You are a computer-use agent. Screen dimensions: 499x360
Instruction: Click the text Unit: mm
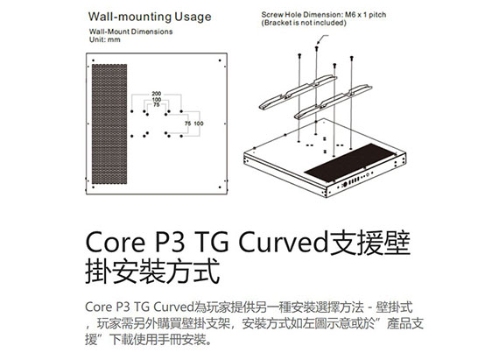point(105,39)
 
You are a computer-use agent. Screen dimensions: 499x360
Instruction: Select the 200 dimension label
point(157,94)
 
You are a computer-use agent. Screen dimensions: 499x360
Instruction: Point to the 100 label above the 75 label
point(157,100)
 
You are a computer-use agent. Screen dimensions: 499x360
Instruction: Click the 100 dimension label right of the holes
point(199,124)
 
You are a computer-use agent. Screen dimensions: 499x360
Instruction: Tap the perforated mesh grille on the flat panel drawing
point(109,124)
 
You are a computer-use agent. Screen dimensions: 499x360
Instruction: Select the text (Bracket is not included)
point(304,23)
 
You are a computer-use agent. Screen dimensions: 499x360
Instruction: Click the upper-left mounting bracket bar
point(298,92)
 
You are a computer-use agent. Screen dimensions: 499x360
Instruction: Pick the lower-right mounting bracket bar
point(333,102)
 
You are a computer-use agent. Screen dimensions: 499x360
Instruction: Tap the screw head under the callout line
point(316,48)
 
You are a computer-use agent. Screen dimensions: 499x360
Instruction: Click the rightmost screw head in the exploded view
point(351,58)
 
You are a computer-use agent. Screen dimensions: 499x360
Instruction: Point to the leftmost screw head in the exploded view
point(299,56)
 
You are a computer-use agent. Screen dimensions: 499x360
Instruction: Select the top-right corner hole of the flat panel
point(220,60)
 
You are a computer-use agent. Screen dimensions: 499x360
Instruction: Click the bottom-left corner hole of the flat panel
point(94,187)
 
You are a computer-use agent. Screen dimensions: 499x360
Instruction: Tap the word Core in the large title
point(116,244)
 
